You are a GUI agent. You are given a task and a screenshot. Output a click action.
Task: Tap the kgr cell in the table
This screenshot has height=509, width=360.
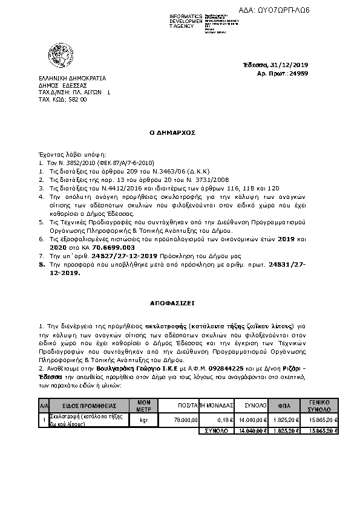coord(143,420)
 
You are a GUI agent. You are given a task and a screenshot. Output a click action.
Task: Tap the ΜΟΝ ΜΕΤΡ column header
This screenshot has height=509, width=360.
coord(143,405)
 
